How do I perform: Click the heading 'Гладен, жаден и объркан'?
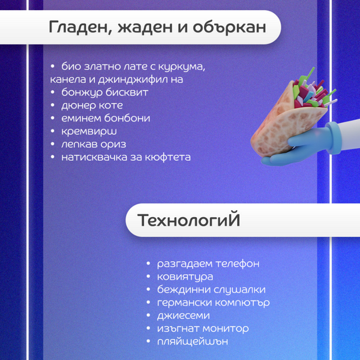coord(157,28)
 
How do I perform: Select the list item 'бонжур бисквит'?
coord(104,92)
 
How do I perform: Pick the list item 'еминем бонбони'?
coord(106,118)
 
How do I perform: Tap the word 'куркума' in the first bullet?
coord(184,66)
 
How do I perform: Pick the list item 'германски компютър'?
coord(213,302)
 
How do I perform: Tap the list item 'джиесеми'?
coord(183,316)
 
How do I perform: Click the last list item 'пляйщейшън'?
coord(192,342)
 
